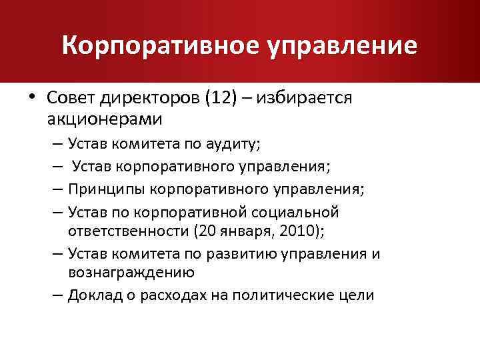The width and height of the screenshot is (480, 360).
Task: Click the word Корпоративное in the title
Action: click(157, 45)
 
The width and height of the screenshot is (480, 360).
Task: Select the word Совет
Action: click(71, 99)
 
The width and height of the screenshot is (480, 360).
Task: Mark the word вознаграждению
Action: click(131, 271)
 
